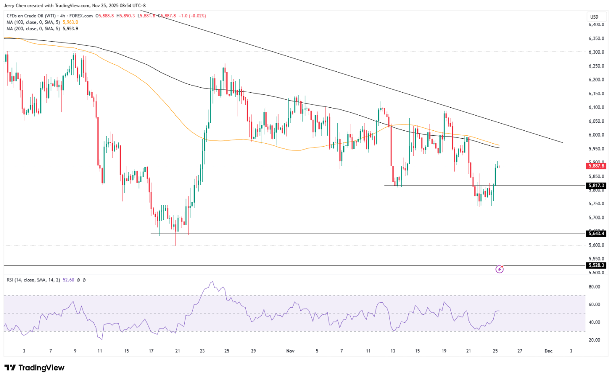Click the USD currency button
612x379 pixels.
point(594,17)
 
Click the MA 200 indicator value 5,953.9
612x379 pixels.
point(70,28)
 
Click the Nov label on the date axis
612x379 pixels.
point(291,351)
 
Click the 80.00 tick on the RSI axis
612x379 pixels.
point(595,287)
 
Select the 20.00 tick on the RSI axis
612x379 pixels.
point(595,340)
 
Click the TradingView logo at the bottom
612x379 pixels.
point(35,368)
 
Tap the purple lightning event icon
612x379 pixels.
point(499,269)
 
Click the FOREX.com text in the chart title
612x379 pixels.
point(81,16)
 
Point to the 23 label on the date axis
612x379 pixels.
point(202,351)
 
